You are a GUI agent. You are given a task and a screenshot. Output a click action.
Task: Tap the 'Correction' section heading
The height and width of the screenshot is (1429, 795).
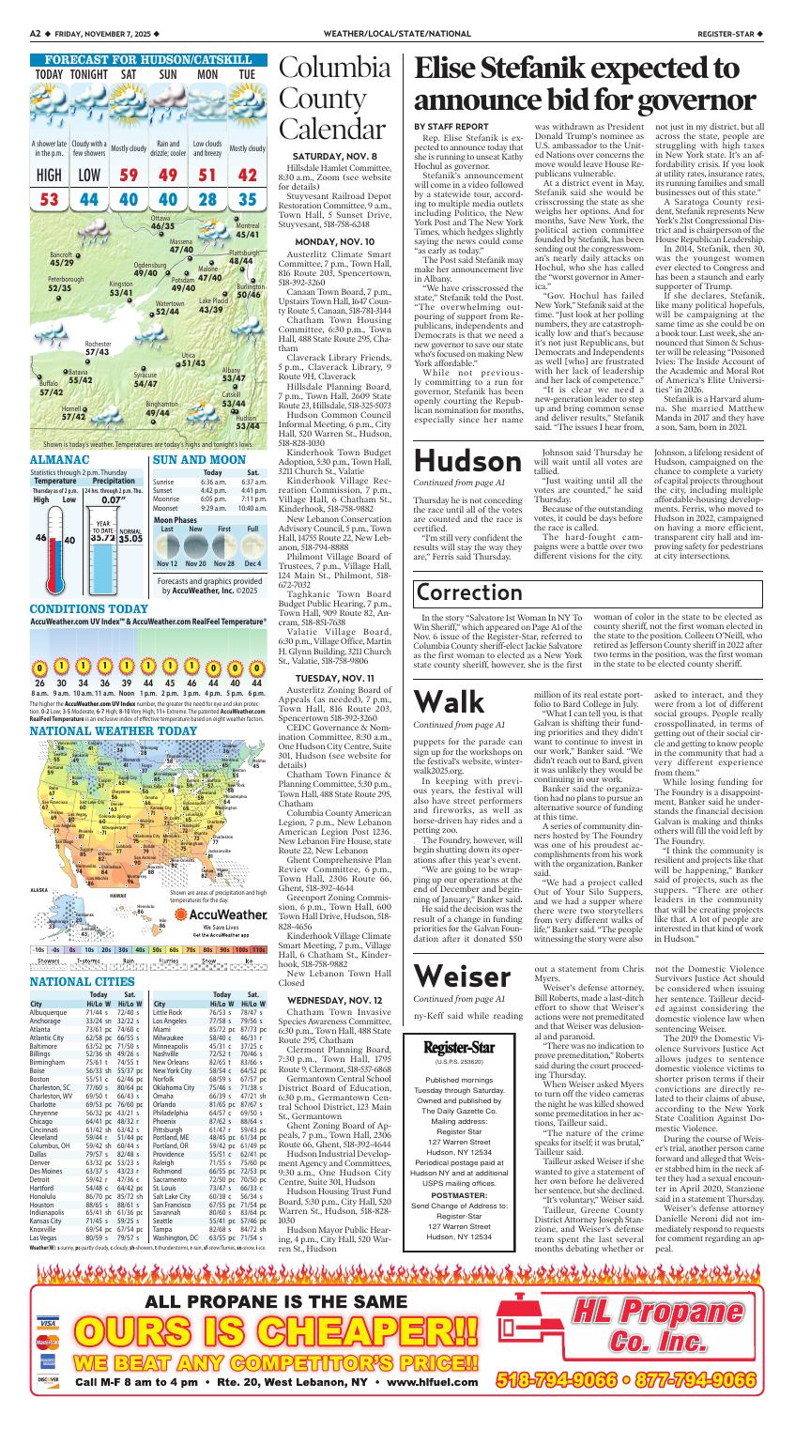[469, 593]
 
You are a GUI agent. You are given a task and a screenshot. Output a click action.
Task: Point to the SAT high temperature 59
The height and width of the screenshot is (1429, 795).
[129, 175]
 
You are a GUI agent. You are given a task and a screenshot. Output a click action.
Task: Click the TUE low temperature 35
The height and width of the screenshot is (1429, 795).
[247, 199]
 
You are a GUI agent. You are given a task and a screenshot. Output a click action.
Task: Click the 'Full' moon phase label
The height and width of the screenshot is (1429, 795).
[252, 530]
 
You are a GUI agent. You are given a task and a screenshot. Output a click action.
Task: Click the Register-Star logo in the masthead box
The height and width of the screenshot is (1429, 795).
[459, 1022]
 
